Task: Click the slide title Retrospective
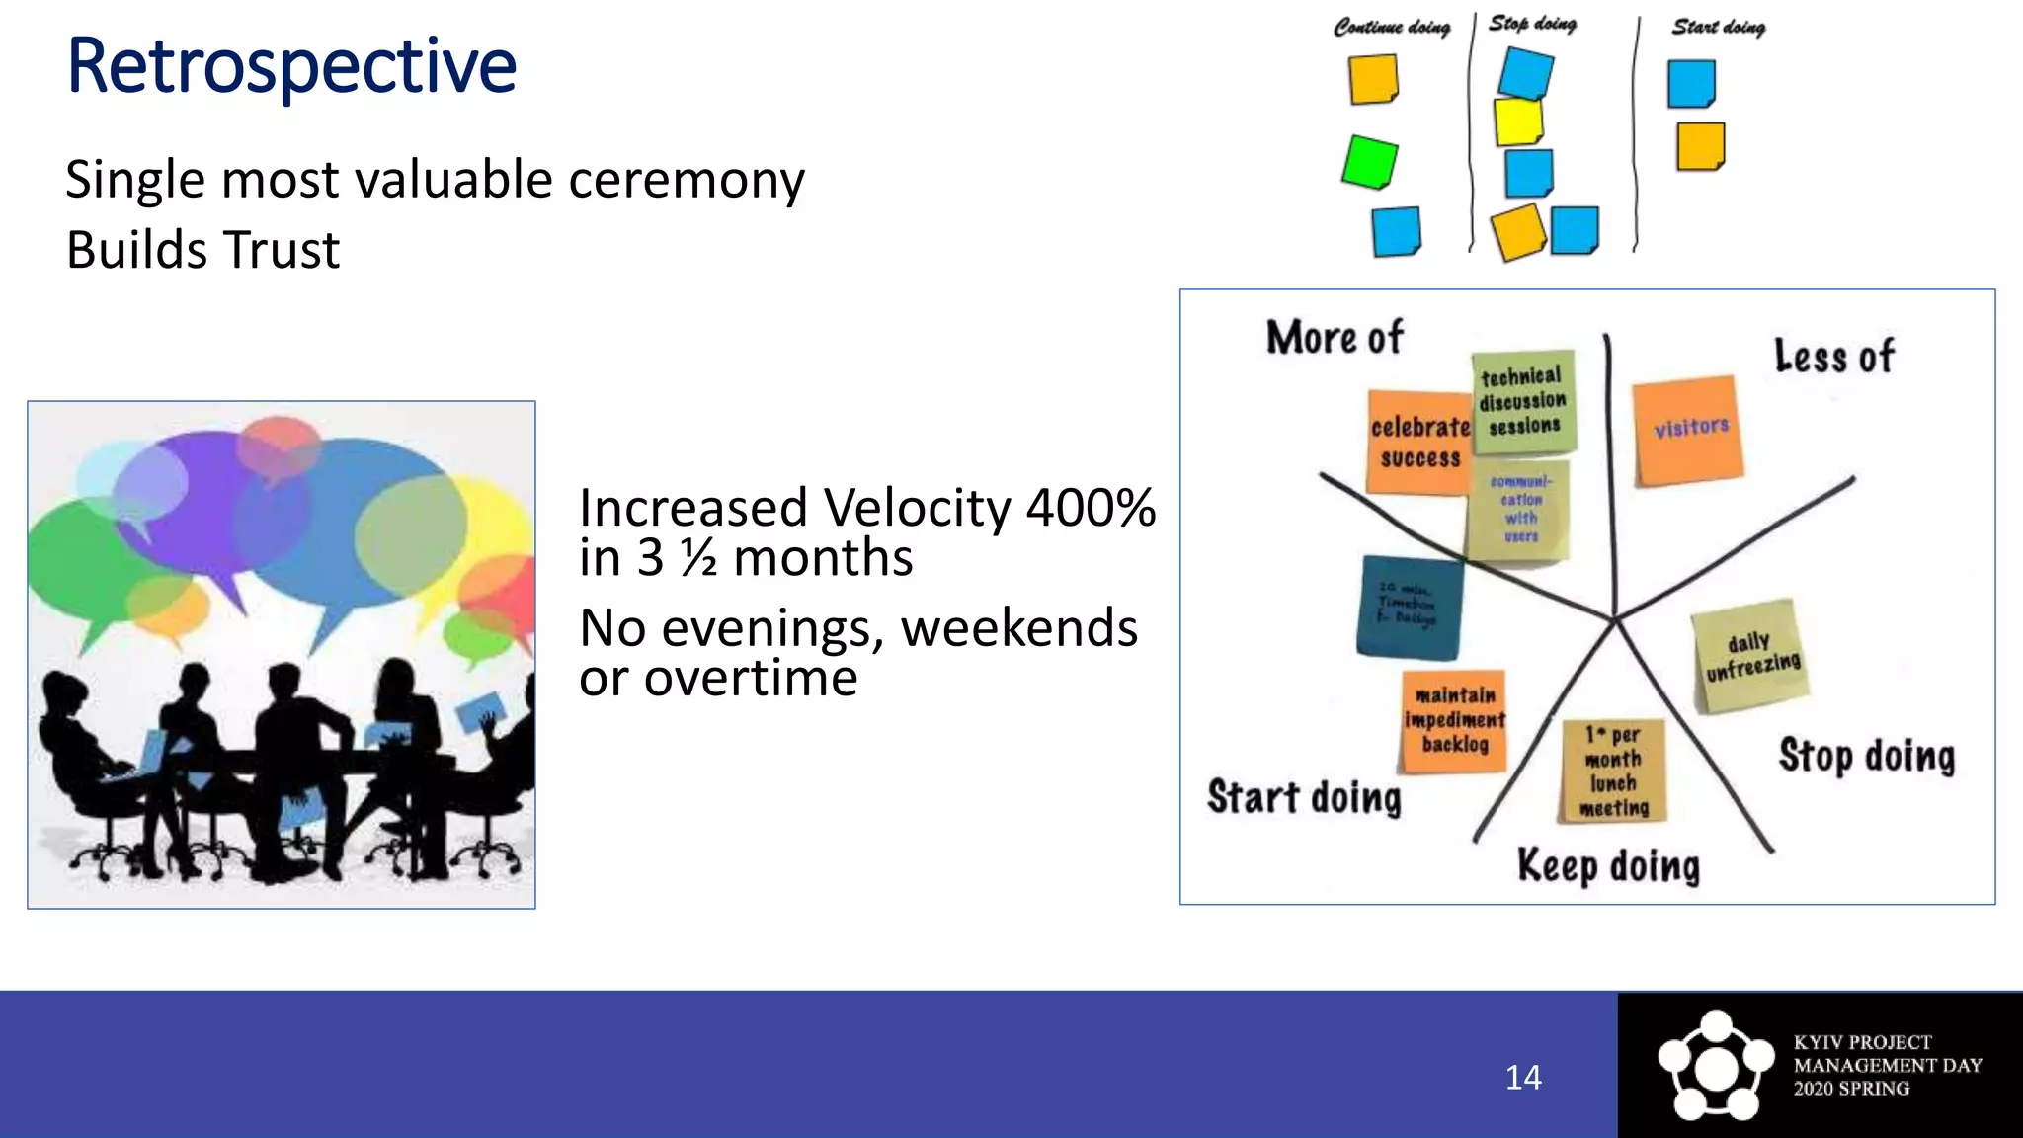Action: point(291,66)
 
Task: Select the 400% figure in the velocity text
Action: point(1091,509)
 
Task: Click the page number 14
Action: point(1522,1077)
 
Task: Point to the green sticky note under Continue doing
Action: point(1370,162)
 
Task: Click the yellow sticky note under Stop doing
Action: point(1518,121)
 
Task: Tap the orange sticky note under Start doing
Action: point(1700,146)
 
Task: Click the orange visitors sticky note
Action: point(1688,431)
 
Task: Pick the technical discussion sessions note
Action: point(1522,402)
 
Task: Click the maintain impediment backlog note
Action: point(1454,721)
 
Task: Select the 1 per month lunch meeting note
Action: point(1613,771)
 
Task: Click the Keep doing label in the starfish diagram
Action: point(1608,866)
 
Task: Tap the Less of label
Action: point(1833,357)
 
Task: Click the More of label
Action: point(1334,339)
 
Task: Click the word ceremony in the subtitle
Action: point(686,181)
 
